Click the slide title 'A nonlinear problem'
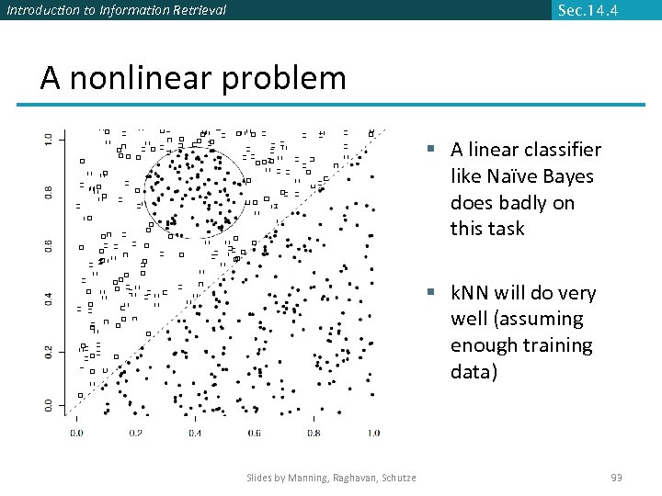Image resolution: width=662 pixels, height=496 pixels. (x=193, y=79)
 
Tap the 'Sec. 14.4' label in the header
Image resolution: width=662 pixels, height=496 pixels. (x=588, y=10)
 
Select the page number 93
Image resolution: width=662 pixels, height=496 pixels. (x=616, y=477)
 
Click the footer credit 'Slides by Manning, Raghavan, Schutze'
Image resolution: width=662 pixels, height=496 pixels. (x=331, y=477)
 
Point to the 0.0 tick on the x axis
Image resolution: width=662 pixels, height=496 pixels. (x=76, y=433)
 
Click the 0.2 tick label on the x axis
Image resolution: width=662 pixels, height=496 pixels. (x=135, y=433)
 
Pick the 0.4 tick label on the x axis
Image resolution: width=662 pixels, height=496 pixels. (x=195, y=433)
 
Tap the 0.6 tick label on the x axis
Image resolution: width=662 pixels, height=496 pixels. (x=255, y=433)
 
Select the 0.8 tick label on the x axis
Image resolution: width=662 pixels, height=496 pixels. (x=314, y=433)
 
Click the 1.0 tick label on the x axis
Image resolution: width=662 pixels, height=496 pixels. (x=372, y=433)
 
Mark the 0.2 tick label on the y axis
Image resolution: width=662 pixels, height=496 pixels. (x=49, y=351)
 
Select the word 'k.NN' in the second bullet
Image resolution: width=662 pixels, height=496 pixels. (x=470, y=293)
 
